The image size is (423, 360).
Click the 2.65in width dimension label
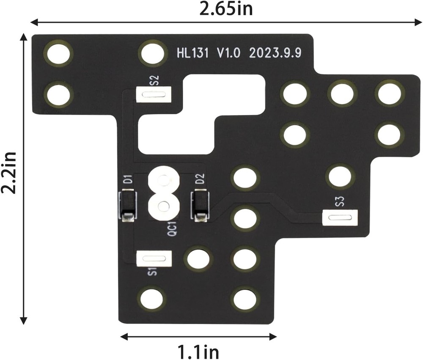(226, 8)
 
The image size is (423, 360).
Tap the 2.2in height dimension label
(8, 173)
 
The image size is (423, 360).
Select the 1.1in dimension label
(198, 351)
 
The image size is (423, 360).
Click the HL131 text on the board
(192, 53)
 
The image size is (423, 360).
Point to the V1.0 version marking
(229, 53)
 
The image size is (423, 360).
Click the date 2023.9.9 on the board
(275, 53)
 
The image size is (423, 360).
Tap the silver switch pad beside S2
(154, 94)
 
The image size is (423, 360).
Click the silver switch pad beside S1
(154, 258)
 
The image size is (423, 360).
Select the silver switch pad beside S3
(340, 218)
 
